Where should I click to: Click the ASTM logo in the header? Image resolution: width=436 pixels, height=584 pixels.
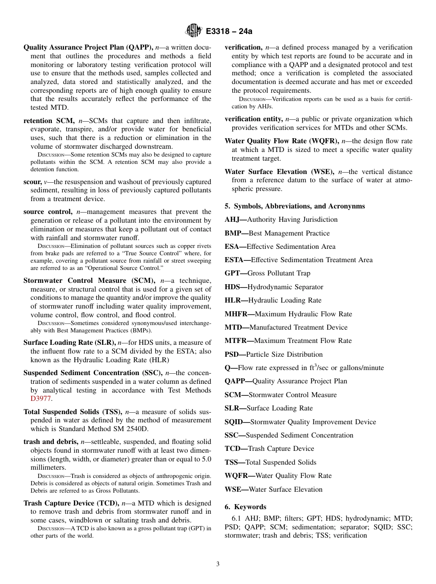click(x=193, y=31)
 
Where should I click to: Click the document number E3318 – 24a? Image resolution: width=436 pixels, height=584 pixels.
click(x=229, y=32)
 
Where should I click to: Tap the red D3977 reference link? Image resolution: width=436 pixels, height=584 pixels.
click(x=40, y=399)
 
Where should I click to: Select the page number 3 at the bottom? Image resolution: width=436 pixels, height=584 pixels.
click(x=218, y=564)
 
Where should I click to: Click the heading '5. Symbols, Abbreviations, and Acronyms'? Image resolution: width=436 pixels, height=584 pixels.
click(x=295, y=206)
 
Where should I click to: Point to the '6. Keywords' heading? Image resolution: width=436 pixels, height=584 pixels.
click(x=245, y=507)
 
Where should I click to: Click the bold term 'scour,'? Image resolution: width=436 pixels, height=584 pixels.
click(x=32, y=182)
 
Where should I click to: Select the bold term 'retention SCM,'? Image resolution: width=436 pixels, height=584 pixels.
click(x=50, y=121)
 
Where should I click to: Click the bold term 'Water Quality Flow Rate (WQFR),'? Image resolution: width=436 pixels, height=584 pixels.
click(x=281, y=141)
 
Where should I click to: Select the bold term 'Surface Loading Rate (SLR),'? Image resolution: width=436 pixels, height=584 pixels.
click(x=69, y=342)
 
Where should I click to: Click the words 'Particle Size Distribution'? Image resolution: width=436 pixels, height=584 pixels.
click(x=284, y=354)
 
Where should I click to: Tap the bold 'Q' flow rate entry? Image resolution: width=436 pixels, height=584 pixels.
click(x=228, y=368)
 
